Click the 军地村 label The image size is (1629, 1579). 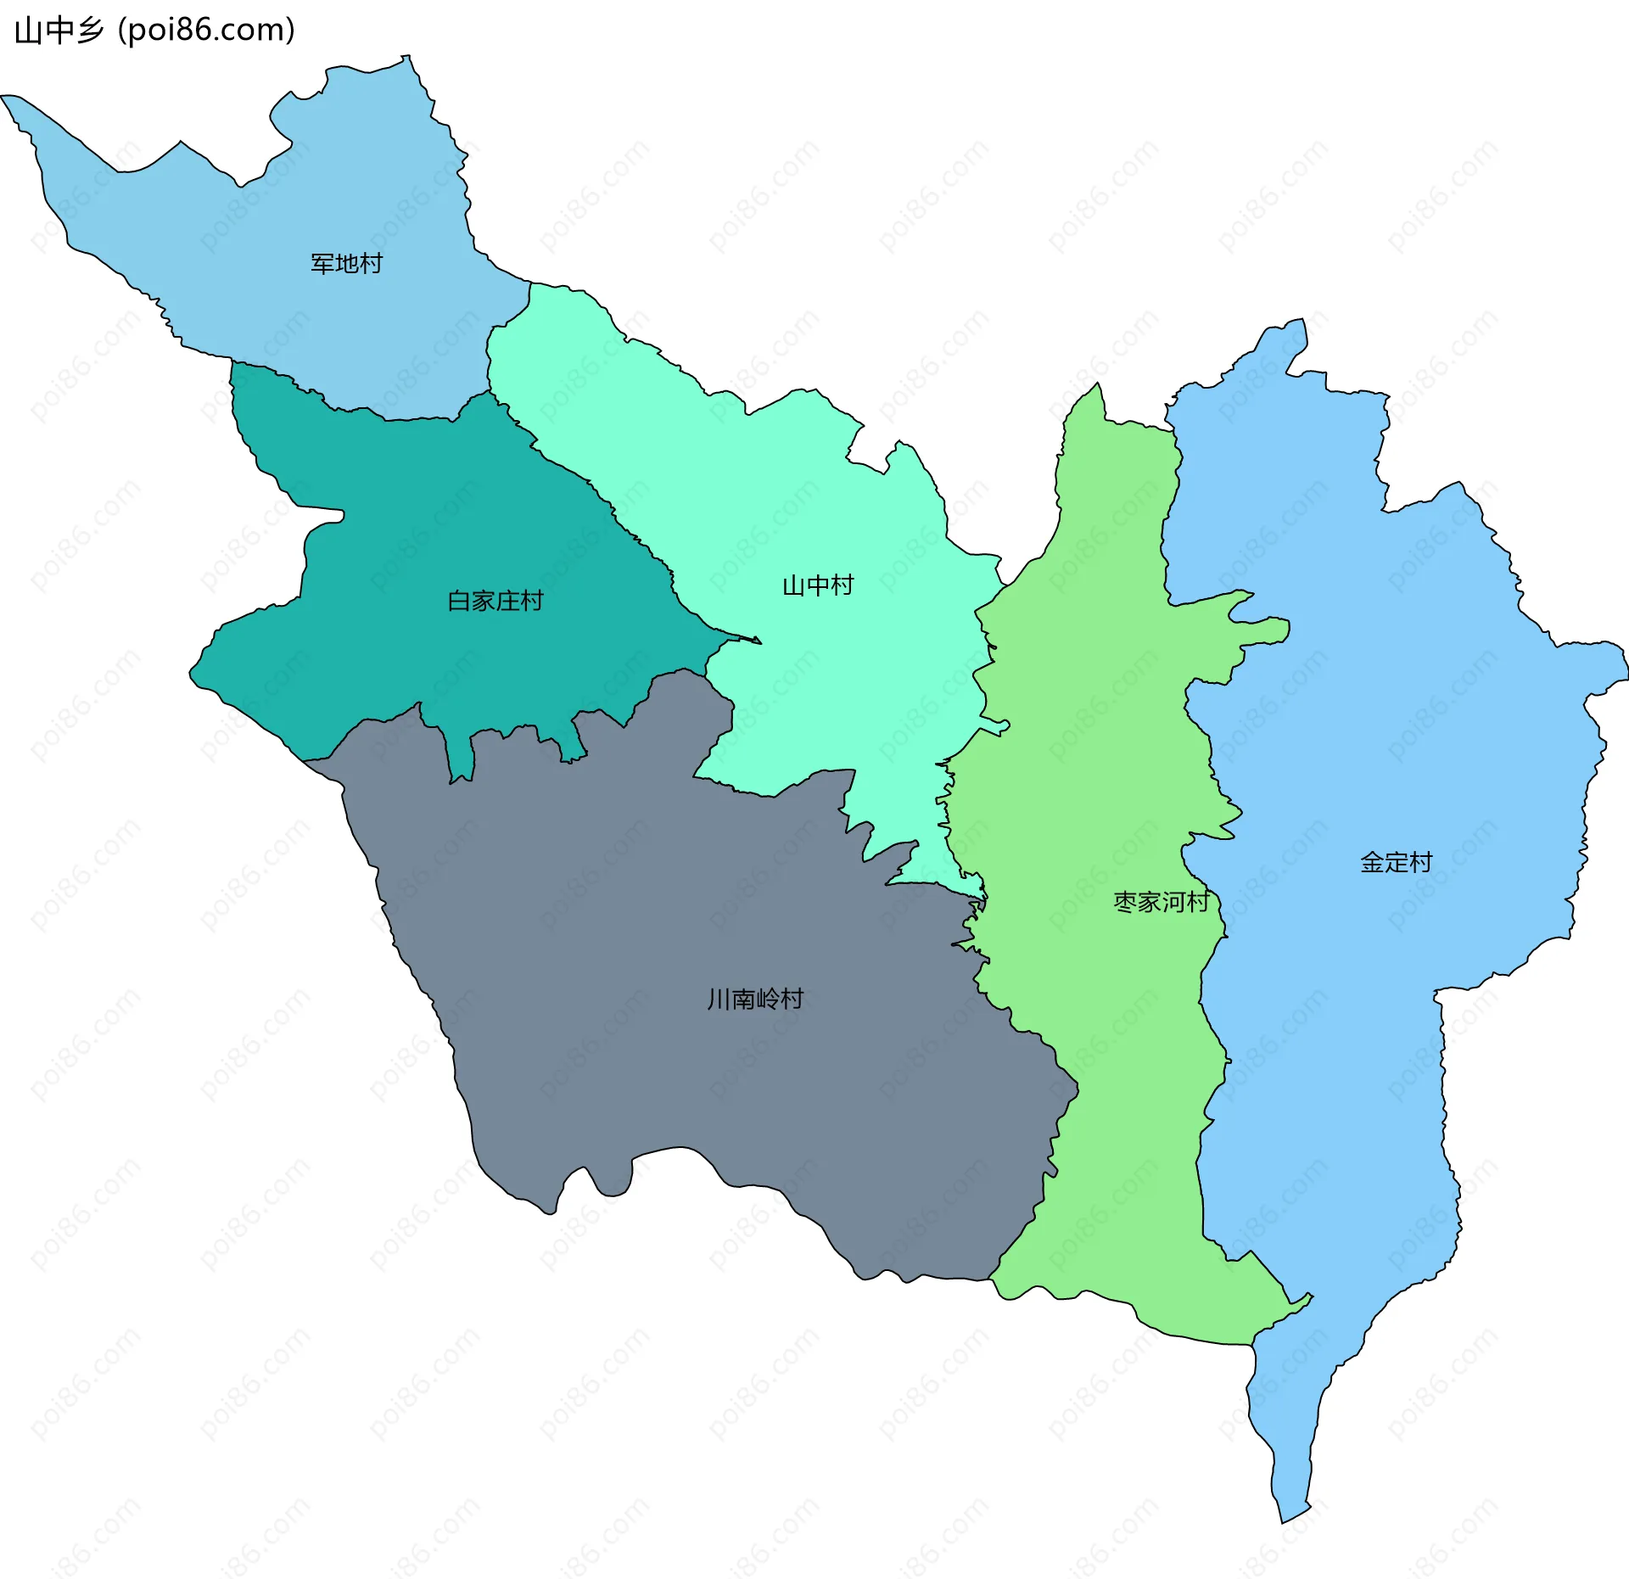346,264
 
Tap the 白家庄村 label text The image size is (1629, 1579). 495,602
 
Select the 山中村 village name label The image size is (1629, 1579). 817,585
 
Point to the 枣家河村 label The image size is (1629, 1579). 1161,902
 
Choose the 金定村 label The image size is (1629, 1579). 1396,863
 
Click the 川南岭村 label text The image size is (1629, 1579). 755,999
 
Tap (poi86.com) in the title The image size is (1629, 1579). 207,31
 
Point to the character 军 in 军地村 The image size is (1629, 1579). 322,264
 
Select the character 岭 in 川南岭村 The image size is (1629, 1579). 767,999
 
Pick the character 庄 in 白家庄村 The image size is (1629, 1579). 507,602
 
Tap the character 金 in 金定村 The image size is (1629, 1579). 1372,863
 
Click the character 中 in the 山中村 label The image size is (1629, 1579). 817,585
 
